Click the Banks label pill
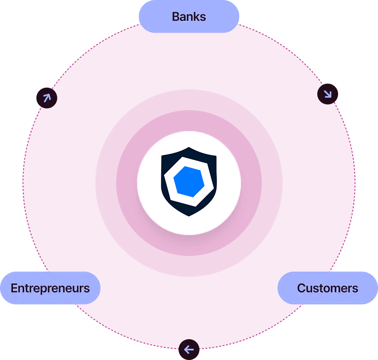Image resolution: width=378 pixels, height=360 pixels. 189,16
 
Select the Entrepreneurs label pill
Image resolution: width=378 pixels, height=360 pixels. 50,288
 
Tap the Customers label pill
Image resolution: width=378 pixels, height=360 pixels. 328,288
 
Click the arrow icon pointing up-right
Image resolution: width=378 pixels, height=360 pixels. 47,98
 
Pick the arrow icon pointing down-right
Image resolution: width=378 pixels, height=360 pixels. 328,94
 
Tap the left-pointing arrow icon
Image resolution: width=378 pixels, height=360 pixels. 189,349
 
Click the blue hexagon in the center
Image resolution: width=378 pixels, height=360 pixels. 189,182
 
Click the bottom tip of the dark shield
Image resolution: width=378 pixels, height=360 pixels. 189,215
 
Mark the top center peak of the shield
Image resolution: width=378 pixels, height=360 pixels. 189,148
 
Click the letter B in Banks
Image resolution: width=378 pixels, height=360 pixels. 176,17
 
